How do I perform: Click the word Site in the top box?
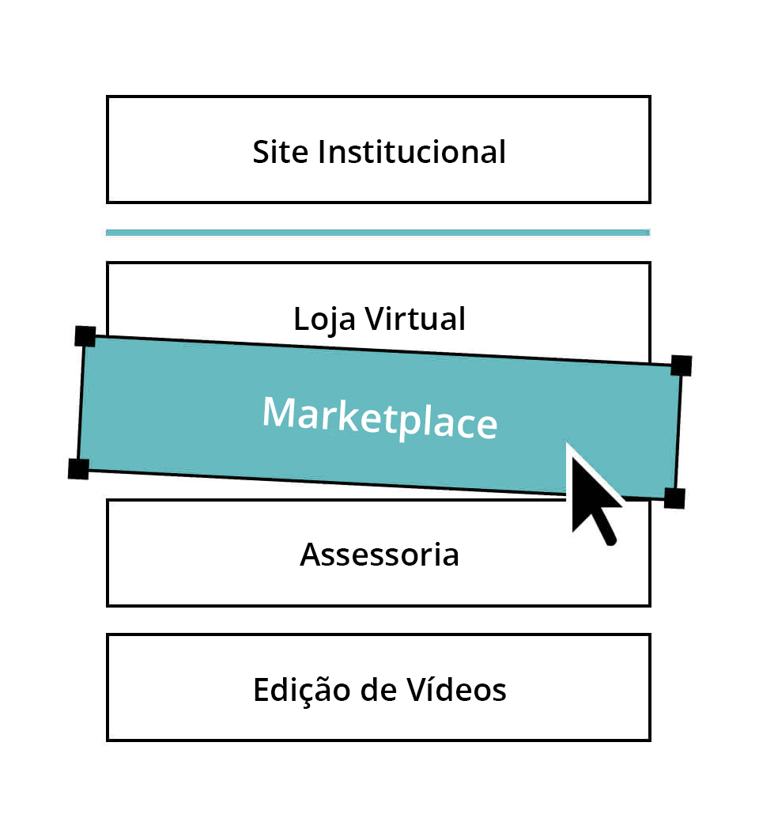280,152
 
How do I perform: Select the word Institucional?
412,152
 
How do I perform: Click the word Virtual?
415,319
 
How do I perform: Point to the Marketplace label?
379,418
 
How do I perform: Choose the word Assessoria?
379,555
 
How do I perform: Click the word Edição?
302,690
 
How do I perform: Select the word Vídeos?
456,689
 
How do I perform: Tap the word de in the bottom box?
378,689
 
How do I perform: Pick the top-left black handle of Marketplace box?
85,337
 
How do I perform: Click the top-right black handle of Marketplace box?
682,365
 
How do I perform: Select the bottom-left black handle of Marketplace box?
79,468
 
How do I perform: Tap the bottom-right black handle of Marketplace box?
674,498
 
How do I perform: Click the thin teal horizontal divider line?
378,233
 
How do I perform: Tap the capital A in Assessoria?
312,555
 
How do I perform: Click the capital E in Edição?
262,690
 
